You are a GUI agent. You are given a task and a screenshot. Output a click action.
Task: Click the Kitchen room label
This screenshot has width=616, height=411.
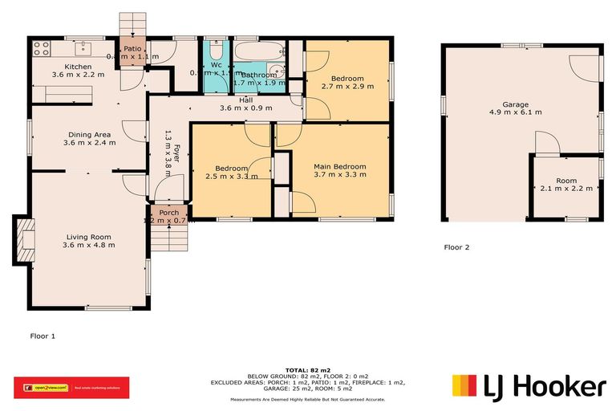pos(79,67)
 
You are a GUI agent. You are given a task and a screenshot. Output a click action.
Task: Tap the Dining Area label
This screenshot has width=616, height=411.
pos(89,134)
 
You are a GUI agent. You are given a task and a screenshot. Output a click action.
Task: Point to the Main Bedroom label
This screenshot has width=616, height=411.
pos(340,167)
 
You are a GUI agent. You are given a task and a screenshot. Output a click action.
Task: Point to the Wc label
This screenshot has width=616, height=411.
pos(217,65)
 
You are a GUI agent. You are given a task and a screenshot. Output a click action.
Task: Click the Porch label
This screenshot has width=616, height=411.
pos(168,213)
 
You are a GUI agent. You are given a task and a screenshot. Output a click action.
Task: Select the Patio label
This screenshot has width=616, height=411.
pos(132,48)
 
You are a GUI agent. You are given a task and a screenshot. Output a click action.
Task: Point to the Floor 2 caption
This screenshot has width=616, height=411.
pos(456,247)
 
